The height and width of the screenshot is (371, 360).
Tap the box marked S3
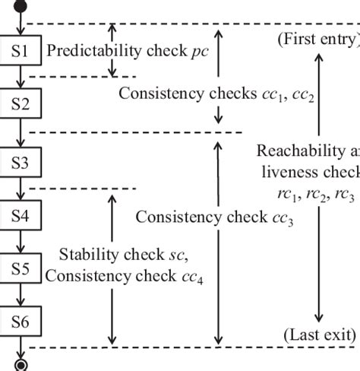21,162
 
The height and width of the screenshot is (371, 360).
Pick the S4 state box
21,215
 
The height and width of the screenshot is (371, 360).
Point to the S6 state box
21,322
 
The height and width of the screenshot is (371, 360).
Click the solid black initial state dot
21,8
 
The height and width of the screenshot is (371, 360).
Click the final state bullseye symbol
21,365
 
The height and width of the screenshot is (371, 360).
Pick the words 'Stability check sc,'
124,253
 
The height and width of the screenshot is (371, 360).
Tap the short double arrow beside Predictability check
112,50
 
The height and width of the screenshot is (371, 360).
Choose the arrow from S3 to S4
21,189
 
